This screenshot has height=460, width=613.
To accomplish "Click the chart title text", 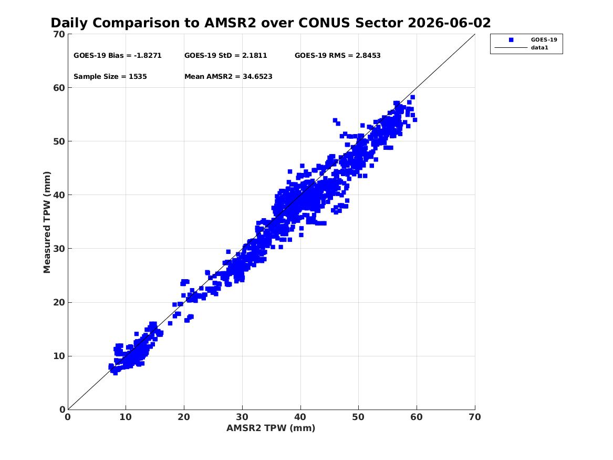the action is [x=271, y=23].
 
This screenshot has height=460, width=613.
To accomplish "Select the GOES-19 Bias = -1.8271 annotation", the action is [x=117, y=56].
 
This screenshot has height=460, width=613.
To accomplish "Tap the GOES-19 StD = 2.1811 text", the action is [x=225, y=56].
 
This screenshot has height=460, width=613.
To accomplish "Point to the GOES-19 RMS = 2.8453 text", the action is [x=337, y=56].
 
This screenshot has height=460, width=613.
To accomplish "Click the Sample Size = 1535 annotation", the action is [x=110, y=77].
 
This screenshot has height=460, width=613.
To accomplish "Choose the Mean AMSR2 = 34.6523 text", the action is [x=228, y=77].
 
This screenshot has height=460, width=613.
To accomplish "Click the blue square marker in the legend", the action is [x=511, y=40].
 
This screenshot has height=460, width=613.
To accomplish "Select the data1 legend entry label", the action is [x=539, y=48].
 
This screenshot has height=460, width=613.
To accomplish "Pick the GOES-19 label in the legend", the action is [x=544, y=39].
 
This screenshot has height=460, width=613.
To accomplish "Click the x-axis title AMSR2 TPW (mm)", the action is [x=271, y=428].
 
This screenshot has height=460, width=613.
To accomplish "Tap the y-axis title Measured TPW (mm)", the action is [x=47, y=222].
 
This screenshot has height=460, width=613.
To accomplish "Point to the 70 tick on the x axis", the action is [x=475, y=417].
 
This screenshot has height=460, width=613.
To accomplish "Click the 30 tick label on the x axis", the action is [x=242, y=417].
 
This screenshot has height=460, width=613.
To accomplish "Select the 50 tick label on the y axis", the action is [x=59, y=141].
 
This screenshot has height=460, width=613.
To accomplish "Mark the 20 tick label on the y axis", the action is [x=59, y=302].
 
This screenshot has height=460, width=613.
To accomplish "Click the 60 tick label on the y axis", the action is [x=59, y=88].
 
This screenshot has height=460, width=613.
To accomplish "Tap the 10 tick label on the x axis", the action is [x=126, y=417].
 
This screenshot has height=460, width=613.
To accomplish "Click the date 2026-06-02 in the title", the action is [x=449, y=23].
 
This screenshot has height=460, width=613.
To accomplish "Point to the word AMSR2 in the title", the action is [x=230, y=23].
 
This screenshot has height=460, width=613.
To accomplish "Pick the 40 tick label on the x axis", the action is [x=300, y=417].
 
